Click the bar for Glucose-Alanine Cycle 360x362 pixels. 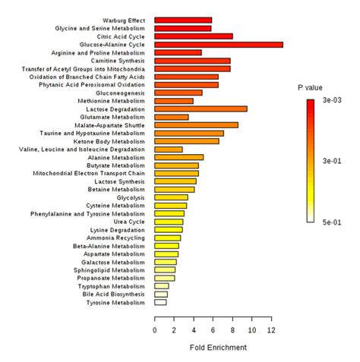[219, 45]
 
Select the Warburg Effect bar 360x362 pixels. [183, 20]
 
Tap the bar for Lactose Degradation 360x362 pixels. [201, 109]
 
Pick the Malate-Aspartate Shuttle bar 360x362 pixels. [196, 124]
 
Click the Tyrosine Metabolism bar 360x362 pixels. [160, 302]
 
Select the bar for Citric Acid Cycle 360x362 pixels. [194, 36]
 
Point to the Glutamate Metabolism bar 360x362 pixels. [172, 117]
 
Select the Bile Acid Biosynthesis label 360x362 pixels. [114, 294]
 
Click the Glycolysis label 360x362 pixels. [130, 197]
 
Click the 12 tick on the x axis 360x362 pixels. [272, 332]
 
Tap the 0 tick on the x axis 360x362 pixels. [155, 332]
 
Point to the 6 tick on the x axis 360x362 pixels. [213, 332]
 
